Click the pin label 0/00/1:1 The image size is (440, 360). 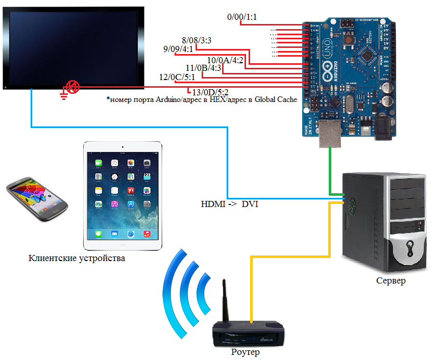[x=242, y=17]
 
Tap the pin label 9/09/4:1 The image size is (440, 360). [x=178, y=49]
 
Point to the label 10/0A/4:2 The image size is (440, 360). [x=225, y=60]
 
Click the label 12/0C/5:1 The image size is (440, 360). [x=177, y=78]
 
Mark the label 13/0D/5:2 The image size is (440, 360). [x=210, y=92]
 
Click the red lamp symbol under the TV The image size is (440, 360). [x=74, y=87]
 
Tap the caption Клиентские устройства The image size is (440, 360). [x=77, y=258]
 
